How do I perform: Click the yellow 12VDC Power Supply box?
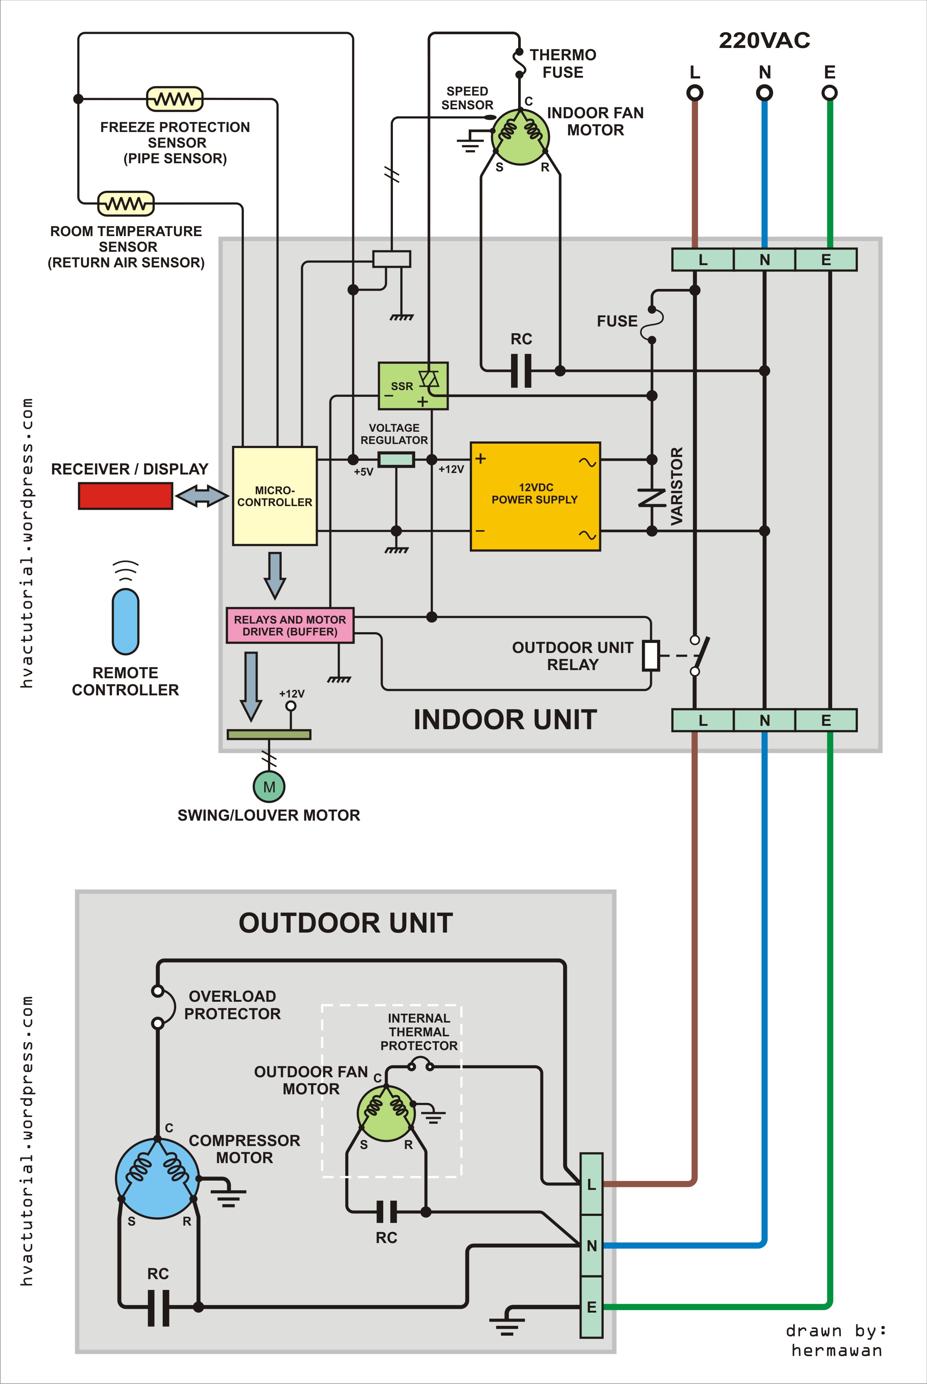click(x=535, y=496)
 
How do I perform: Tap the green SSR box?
click(x=413, y=386)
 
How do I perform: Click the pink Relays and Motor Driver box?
click(x=290, y=625)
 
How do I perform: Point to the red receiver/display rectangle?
click(x=125, y=496)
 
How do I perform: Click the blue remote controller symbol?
click(x=125, y=621)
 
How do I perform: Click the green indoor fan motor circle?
click(x=520, y=136)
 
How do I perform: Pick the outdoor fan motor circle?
click(x=386, y=1113)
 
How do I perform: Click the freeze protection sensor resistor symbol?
click(x=174, y=99)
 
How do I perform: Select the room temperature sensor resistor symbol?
click(x=125, y=203)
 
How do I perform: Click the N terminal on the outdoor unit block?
click(x=591, y=1246)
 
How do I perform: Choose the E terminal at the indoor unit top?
click(x=826, y=260)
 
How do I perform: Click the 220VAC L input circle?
click(x=695, y=93)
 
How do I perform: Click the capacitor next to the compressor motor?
click(x=158, y=1308)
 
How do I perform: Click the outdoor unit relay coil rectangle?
click(x=651, y=655)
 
